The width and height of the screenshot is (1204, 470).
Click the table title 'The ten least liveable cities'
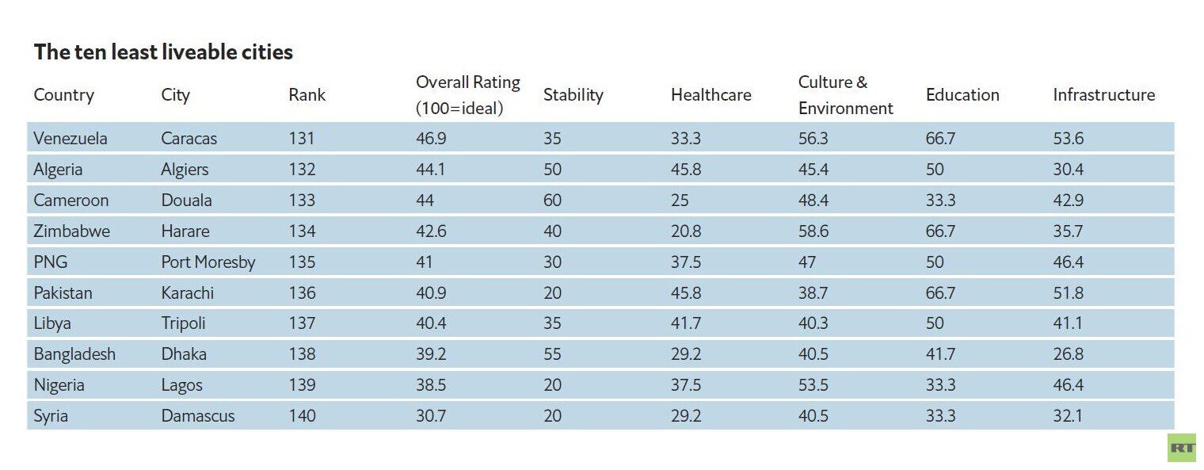click(x=163, y=52)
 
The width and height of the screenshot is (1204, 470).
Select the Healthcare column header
click(x=711, y=94)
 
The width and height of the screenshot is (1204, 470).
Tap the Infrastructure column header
click(x=1104, y=94)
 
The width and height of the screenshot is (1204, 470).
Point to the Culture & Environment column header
click(x=845, y=95)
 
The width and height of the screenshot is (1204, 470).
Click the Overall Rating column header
click(x=468, y=95)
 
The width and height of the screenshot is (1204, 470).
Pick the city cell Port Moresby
click(x=208, y=262)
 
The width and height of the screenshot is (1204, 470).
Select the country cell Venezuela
click(x=70, y=138)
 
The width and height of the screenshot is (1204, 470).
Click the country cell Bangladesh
click(x=74, y=353)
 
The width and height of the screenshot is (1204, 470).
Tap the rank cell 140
click(x=302, y=415)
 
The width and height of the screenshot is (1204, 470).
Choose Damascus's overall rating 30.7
click(x=431, y=415)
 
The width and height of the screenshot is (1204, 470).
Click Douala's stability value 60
click(x=553, y=200)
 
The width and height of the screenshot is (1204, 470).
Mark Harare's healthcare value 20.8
click(x=686, y=231)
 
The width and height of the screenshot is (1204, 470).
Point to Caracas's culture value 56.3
click(x=813, y=138)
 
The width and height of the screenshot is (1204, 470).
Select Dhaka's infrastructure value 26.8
click(x=1069, y=353)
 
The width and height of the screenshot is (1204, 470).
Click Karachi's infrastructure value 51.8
click(x=1069, y=293)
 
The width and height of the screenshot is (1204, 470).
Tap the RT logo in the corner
click(x=1182, y=448)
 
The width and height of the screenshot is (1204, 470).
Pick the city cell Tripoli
click(x=183, y=323)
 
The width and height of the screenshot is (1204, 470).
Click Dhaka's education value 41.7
click(x=941, y=353)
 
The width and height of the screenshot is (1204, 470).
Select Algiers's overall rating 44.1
click(x=431, y=170)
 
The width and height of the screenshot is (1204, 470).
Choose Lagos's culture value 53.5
click(x=813, y=385)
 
